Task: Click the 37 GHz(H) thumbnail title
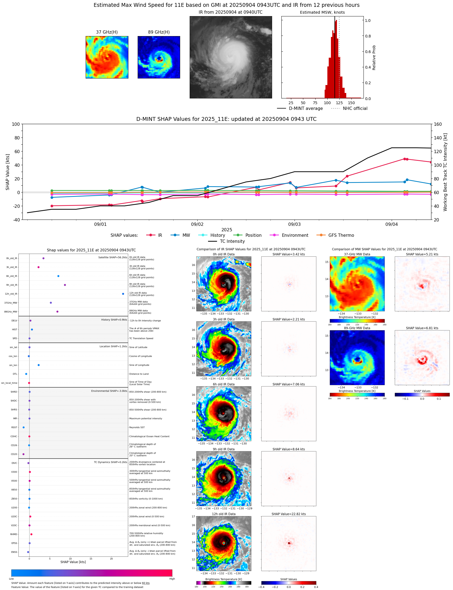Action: pyautogui.click(x=107, y=32)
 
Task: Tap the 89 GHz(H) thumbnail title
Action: pyautogui.click(x=159, y=32)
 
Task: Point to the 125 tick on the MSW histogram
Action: pyautogui.click(x=339, y=103)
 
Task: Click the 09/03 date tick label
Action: pyautogui.click(x=294, y=224)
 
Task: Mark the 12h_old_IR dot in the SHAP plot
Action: pyautogui.click(x=123, y=294)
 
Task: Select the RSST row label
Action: pyautogui.click(x=14, y=427)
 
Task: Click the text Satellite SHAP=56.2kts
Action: pyautogui.click(x=112, y=258)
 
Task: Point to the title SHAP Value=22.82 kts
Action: pyautogui.click(x=288, y=514)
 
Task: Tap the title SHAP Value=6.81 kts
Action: pyautogui.click(x=422, y=328)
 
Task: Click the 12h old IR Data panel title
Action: pyautogui.click(x=224, y=514)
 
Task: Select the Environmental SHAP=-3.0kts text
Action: pyautogui.click(x=109, y=391)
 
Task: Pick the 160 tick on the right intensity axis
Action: pyautogui.click(x=438, y=124)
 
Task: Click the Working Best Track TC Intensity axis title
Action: pyautogui.click(x=445, y=172)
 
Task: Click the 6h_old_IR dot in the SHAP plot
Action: pyautogui.click(x=58, y=276)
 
